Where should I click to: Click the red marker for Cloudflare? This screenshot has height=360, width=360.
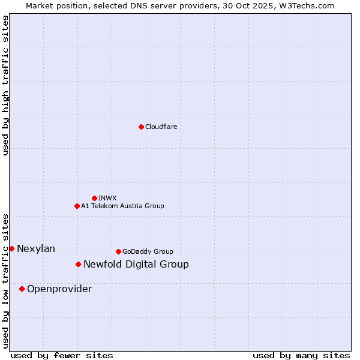(x=141, y=127)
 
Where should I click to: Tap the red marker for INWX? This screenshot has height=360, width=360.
(x=94, y=198)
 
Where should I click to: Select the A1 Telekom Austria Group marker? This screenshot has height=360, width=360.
(x=77, y=206)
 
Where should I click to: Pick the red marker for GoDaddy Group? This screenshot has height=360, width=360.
(x=118, y=251)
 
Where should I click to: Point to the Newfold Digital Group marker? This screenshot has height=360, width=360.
(x=78, y=264)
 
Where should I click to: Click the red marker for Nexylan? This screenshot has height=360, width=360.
(x=11, y=248)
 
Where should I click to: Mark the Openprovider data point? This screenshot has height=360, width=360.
(x=22, y=289)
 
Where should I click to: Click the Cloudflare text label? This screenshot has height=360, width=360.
(x=161, y=127)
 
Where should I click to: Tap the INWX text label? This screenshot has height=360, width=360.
(x=107, y=198)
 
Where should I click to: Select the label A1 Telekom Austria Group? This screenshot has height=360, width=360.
(x=122, y=206)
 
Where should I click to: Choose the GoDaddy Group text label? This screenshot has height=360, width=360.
(x=148, y=251)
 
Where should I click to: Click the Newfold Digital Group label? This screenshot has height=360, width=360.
(x=136, y=264)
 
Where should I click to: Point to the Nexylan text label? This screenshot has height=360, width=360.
(x=36, y=248)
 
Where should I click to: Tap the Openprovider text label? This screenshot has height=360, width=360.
(x=59, y=289)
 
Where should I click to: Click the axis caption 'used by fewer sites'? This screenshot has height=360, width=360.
(x=62, y=355)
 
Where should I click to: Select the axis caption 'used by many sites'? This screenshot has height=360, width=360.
(x=301, y=355)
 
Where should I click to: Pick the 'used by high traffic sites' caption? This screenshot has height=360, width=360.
(x=6, y=85)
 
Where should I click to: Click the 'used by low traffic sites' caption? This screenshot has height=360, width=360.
(x=6, y=281)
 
